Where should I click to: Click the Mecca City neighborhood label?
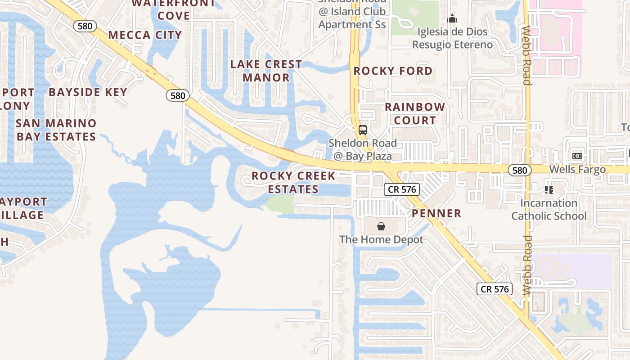point(145,35)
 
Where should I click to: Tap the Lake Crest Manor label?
point(266,71)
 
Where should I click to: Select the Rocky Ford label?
point(393,71)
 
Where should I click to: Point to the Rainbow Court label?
point(414,113)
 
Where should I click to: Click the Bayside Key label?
point(88,92)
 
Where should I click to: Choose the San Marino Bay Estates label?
point(56,130)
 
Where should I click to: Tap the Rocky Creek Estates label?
point(293,182)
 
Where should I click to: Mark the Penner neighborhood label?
point(436,213)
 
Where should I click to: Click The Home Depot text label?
point(381,239)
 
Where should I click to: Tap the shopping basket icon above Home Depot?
point(381,226)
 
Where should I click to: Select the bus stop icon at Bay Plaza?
point(363,130)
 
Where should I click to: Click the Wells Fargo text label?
point(578,170)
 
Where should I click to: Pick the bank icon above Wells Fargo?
point(577,156)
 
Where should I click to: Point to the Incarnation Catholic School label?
point(549,209)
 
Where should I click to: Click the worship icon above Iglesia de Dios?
point(452,19)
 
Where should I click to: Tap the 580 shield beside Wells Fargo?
point(520,170)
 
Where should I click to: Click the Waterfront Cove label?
point(174,9)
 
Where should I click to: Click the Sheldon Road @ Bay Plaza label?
point(363,149)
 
